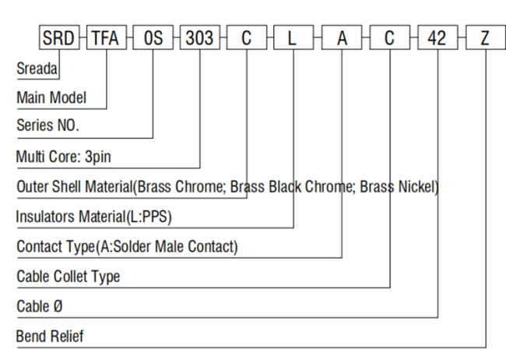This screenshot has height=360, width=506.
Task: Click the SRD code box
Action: pos(59,37)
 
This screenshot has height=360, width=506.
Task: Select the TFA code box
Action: pos(107,37)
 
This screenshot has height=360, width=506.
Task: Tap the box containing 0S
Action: pos(153,37)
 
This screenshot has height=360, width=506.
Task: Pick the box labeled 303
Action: pos(200,37)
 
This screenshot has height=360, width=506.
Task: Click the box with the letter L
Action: pos(293,37)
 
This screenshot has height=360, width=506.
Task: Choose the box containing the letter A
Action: pos(342,37)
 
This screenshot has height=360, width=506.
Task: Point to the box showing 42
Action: pos(437,37)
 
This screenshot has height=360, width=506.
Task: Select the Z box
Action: pos(485,37)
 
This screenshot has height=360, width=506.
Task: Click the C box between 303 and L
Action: pos(247,37)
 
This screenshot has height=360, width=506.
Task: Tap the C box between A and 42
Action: pos(390,37)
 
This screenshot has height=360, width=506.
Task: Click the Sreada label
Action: pos(37,69)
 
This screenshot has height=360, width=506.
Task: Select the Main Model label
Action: pos(51,97)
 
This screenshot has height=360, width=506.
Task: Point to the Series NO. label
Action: pos(47,125)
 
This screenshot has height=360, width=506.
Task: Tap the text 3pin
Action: pos(98,157)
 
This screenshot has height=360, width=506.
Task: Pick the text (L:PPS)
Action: pos(149,217)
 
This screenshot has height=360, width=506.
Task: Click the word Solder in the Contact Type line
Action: pos(132,246)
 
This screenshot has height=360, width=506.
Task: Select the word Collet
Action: pos(70,277)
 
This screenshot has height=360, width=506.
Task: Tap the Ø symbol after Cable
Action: pos(58,306)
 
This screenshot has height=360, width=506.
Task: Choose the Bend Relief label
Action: pos(50,337)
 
